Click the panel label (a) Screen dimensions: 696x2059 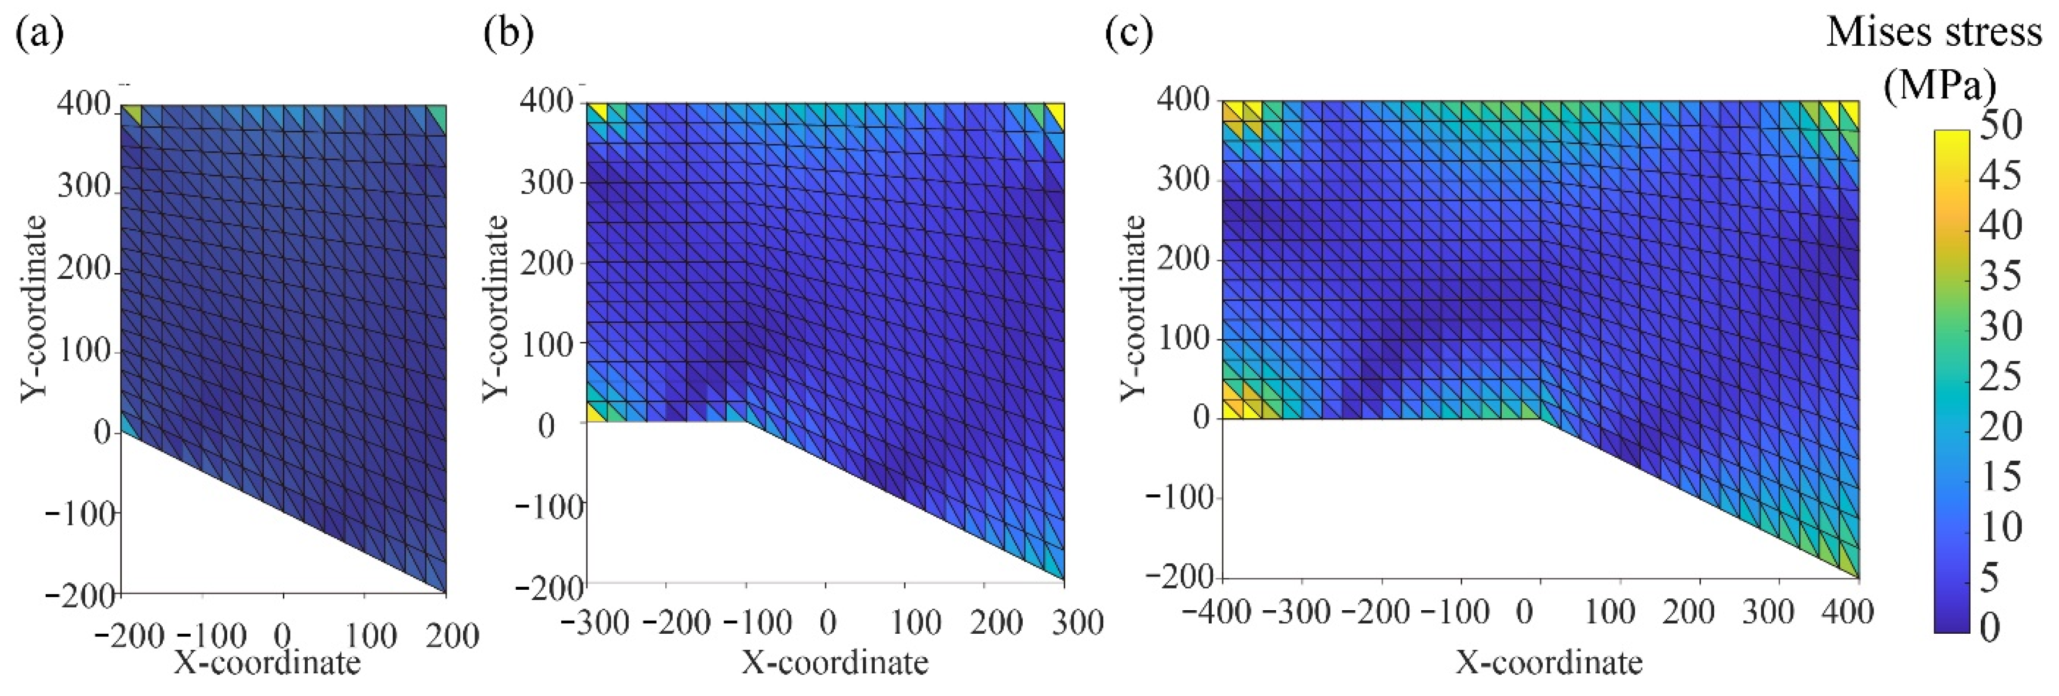40,34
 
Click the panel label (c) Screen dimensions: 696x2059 1129,34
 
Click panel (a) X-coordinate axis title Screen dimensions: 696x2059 268,662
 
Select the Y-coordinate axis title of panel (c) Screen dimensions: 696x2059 1133,308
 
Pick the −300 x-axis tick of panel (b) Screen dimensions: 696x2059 596,622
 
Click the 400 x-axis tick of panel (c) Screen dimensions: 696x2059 1847,613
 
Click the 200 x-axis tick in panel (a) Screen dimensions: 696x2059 452,637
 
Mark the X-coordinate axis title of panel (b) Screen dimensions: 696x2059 835,662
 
